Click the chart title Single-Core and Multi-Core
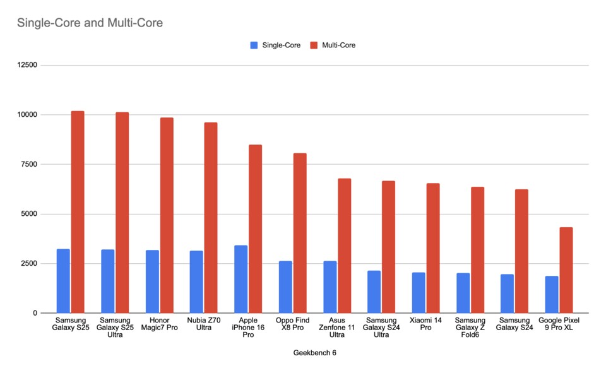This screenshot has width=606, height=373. pyautogui.click(x=90, y=23)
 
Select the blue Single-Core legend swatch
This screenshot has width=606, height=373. pyautogui.click(x=254, y=45)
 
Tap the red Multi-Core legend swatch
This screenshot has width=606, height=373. pyautogui.click(x=314, y=45)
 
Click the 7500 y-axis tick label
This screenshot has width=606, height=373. pyautogui.click(x=28, y=164)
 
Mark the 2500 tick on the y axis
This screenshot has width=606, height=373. pyautogui.click(x=28, y=264)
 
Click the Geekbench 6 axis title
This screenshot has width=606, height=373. pyautogui.click(x=315, y=353)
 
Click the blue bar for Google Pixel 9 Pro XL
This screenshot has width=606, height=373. pyautogui.click(x=552, y=294)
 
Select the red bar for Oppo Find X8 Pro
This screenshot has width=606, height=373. pyautogui.click(x=300, y=233)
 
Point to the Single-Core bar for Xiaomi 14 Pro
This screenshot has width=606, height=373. pyautogui.click(x=419, y=293)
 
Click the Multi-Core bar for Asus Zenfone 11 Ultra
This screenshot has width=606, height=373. pyautogui.click(x=344, y=246)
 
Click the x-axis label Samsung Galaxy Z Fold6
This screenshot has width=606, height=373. pyautogui.click(x=470, y=327)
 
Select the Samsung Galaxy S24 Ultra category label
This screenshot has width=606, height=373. pyautogui.click(x=381, y=327)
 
